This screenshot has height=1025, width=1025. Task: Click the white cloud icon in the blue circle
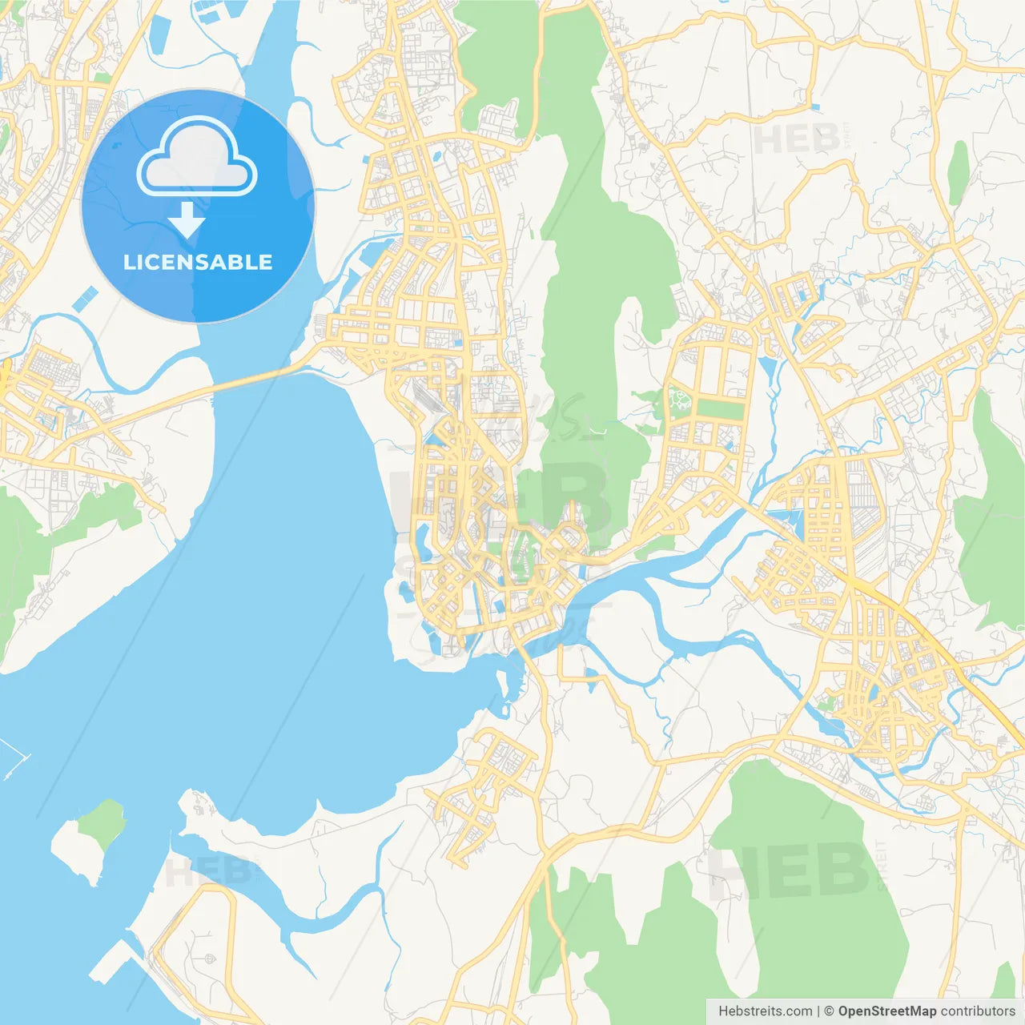197,157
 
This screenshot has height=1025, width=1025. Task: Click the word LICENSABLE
198,262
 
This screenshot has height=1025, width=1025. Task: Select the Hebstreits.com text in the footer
765,1011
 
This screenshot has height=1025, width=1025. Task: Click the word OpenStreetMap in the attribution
886,1011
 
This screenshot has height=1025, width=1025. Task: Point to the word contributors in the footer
978,1011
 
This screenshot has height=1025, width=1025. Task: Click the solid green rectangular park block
720,409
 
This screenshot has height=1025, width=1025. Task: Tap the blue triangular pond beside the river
767,368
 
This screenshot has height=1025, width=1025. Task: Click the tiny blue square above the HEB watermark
815,107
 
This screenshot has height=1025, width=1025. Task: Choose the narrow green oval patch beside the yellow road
959,172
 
